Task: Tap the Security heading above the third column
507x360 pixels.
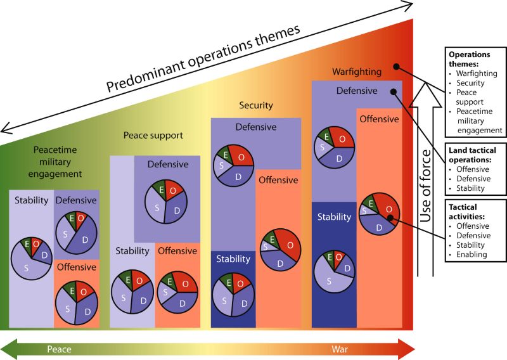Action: coord(255,105)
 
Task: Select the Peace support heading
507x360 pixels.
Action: coord(153,135)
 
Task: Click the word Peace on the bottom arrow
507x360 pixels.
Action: coord(60,349)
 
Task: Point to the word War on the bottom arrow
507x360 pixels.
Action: coord(342,349)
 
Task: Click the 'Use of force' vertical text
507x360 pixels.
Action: coord(427,184)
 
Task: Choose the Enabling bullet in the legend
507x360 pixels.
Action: coord(472,254)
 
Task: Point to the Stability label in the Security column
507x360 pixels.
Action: coord(233,259)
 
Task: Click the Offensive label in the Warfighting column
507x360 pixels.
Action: coord(379,119)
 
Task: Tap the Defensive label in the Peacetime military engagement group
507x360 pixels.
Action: coord(76,200)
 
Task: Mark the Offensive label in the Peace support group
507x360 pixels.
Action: coord(177,252)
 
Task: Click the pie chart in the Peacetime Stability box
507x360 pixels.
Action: coord(32,259)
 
